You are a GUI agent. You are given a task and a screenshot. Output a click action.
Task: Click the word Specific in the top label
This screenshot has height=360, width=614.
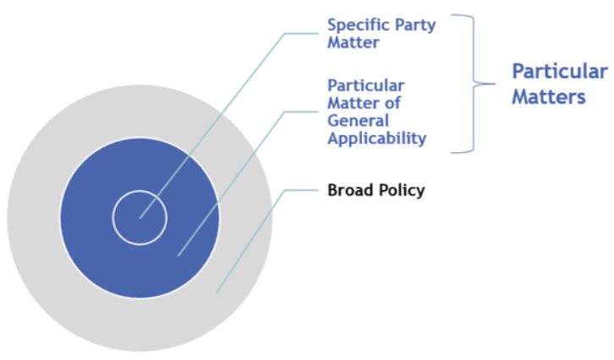(x=353, y=26)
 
